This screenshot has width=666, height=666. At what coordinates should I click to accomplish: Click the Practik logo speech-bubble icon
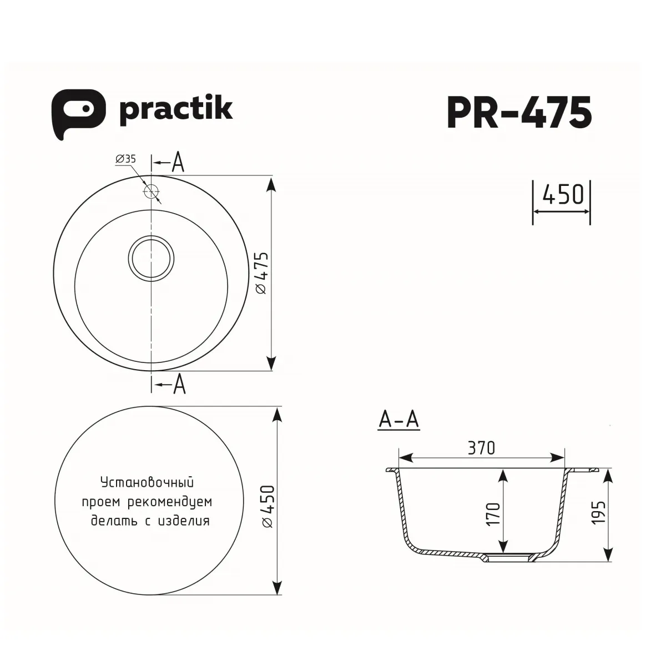click(x=77, y=113)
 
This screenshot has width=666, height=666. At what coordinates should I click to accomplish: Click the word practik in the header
click(x=176, y=109)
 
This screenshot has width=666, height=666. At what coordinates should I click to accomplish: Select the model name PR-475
click(x=519, y=113)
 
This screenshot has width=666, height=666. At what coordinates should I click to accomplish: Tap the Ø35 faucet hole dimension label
click(x=125, y=159)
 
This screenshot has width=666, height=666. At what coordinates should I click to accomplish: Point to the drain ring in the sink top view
click(x=151, y=259)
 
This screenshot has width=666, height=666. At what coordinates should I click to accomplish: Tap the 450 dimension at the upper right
click(x=562, y=195)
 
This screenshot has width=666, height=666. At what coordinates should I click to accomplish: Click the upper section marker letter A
click(x=178, y=162)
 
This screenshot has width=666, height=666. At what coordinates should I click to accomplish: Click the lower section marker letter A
click(x=178, y=384)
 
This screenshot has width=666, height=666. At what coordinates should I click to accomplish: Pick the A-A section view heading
click(x=398, y=420)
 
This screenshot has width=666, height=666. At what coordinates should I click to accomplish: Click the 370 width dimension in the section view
click(x=481, y=447)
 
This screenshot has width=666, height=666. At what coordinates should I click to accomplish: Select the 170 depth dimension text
click(x=493, y=514)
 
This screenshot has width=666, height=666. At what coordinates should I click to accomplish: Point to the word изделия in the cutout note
click(x=184, y=521)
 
